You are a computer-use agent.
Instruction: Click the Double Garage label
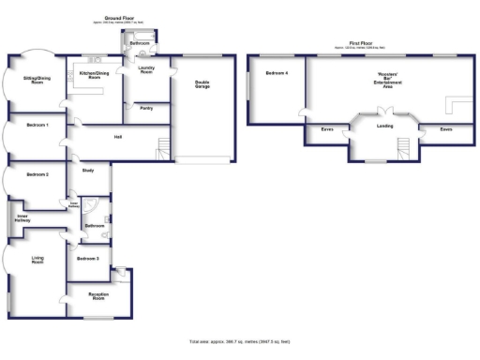coord(202,83)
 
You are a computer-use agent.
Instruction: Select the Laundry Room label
coord(145,69)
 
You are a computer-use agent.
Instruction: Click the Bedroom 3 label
coord(88,258)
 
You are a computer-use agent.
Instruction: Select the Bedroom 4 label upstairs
coord(276,73)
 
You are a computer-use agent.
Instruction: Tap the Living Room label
coord(37,262)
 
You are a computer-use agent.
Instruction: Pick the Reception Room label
coord(98,296)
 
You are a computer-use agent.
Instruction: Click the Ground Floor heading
coord(117,18)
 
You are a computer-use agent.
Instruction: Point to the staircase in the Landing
coord(404,148)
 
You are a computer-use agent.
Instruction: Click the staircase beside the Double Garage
coord(163,147)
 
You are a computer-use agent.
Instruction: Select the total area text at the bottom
coord(240,342)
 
